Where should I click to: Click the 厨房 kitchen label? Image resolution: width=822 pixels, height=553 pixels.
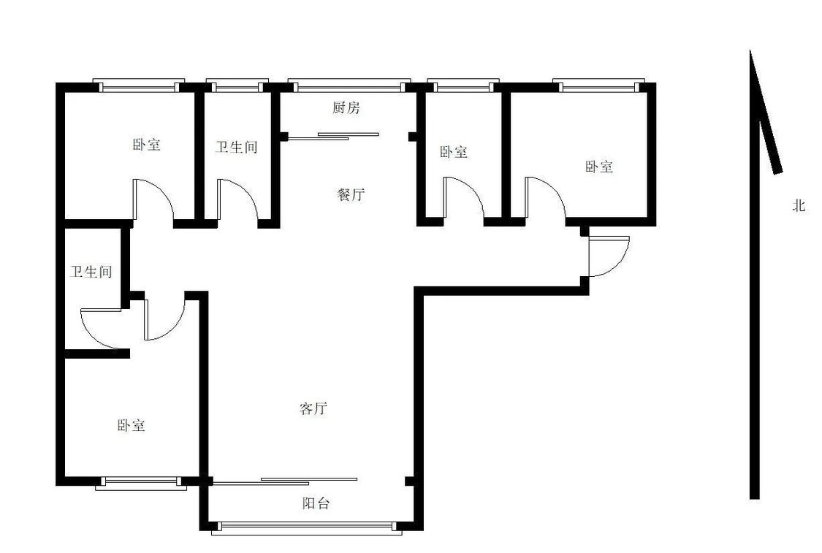point(346,108)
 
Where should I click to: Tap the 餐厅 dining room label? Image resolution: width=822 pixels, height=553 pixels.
point(350,194)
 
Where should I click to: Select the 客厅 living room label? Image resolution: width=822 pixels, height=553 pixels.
point(313,408)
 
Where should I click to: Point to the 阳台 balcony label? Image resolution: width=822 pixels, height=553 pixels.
point(316,504)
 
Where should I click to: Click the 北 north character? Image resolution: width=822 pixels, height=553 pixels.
point(799,205)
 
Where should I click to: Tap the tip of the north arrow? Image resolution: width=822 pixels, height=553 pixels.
point(750,50)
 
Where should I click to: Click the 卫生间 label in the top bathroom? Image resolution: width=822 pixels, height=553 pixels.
point(237,147)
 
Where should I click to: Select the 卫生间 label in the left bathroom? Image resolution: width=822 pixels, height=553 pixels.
point(91,272)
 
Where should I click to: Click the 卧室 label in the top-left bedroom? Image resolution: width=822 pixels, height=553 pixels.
point(146,144)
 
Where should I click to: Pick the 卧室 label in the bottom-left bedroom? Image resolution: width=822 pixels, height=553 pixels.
point(131,425)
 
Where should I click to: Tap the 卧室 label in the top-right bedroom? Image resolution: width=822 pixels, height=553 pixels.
point(599,167)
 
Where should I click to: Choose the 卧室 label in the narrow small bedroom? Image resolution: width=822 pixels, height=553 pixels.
point(454,152)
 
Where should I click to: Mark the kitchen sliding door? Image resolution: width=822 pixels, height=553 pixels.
point(333,137)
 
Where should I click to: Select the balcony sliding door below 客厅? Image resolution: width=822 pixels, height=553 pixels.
point(286,481)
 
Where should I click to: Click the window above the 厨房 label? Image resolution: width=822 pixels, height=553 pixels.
point(349,85)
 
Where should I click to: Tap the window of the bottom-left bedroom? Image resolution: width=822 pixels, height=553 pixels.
point(141,484)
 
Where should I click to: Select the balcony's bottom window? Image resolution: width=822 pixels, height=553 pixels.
point(307,528)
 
